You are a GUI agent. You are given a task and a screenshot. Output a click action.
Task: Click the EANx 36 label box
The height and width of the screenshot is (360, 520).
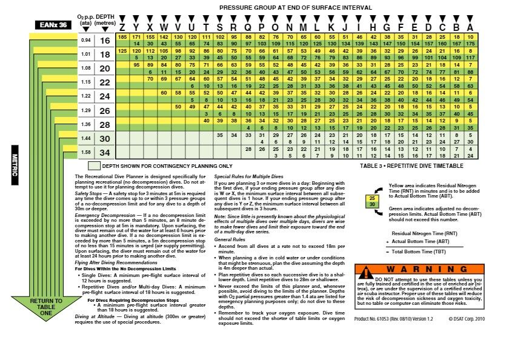(x=55, y=25)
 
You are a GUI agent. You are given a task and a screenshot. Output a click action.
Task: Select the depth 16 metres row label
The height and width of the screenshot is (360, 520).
(x=105, y=41)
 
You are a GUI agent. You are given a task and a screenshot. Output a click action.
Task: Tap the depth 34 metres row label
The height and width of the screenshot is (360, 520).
(x=105, y=152)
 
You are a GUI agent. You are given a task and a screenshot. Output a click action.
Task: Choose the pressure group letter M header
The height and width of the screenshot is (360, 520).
(x=302, y=27)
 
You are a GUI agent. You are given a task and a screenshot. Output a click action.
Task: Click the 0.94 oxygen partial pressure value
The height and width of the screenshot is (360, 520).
(x=85, y=41)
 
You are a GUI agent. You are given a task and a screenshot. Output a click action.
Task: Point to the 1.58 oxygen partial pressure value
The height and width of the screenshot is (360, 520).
(x=85, y=152)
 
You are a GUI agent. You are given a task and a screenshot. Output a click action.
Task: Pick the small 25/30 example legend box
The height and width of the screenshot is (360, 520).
(x=371, y=201)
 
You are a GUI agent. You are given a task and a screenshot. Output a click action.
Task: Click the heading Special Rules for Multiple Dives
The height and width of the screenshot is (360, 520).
(x=250, y=175)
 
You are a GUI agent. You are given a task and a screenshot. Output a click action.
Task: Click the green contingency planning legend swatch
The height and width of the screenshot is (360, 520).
(x=94, y=165)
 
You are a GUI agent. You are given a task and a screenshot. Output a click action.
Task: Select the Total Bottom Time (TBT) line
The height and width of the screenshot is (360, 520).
(x=424, y=251)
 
